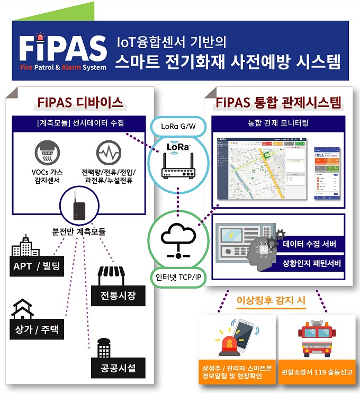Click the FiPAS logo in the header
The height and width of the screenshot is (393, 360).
click(62, 52)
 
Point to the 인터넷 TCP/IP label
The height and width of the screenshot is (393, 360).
click(178, 276)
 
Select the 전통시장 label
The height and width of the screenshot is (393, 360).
click(117, 296)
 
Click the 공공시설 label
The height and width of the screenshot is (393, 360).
click(117, 368)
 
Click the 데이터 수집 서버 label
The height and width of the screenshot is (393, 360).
click(310, 244)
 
